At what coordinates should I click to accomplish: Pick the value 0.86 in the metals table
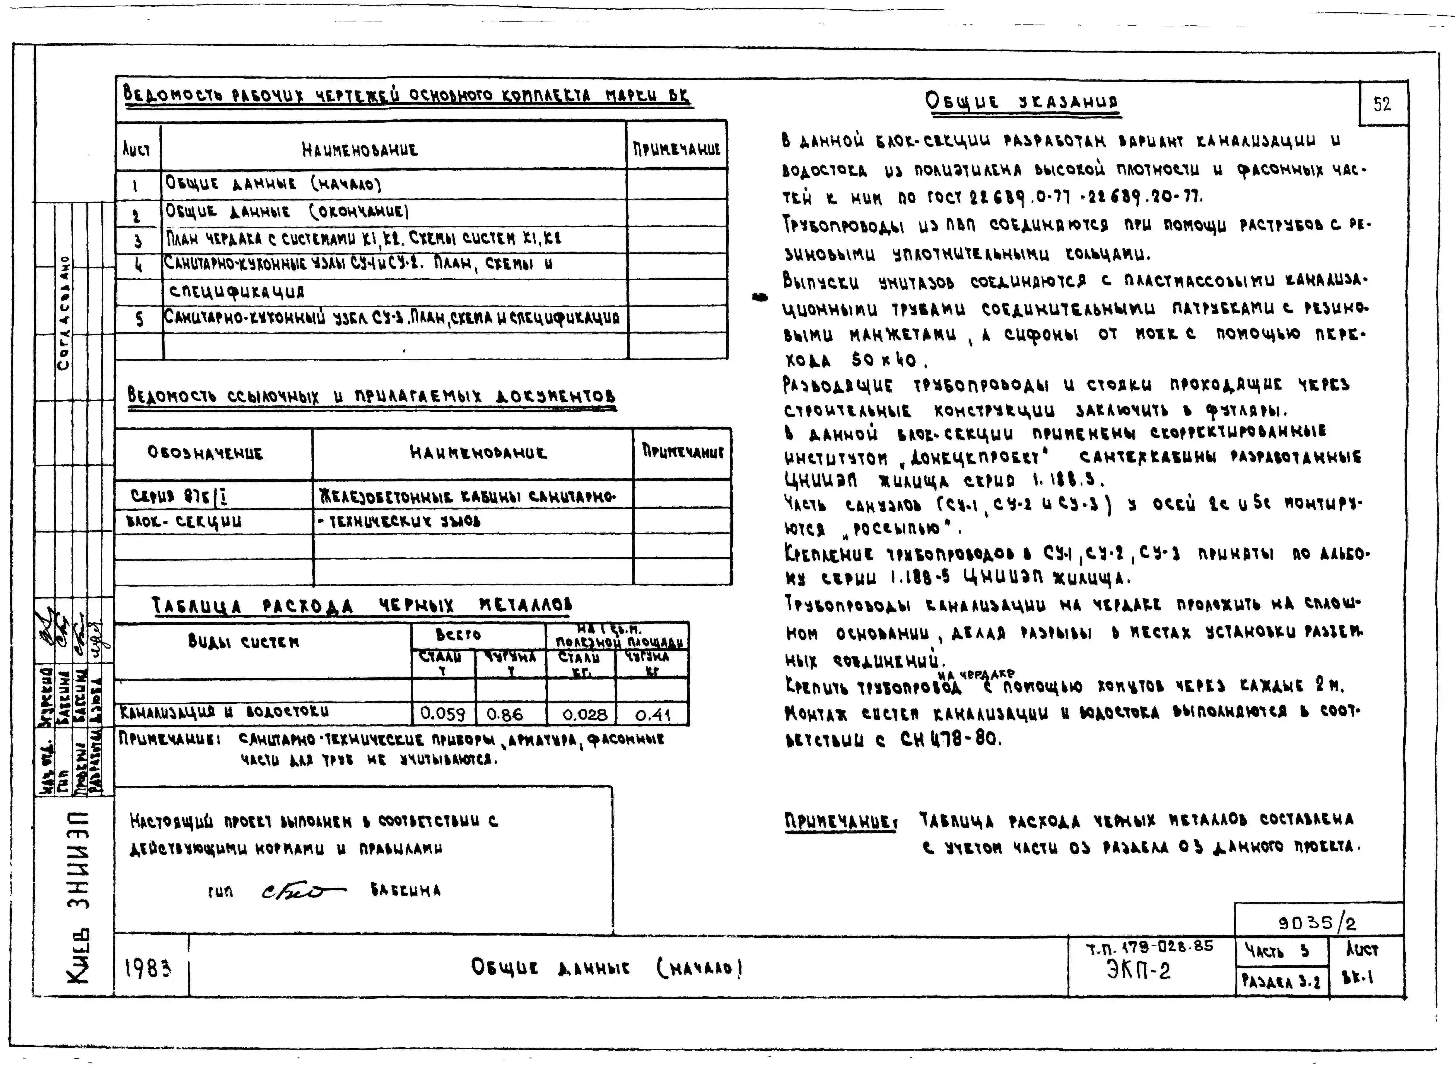pos(505,714)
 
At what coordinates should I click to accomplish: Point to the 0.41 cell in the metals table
pos(652,715)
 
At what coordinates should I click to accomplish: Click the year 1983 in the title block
pos(148,969)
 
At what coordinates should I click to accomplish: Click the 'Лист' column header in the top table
pos(136,150)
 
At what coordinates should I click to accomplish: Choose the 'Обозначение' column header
pos(205,453)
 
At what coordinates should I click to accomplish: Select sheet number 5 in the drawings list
pos(139,319)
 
